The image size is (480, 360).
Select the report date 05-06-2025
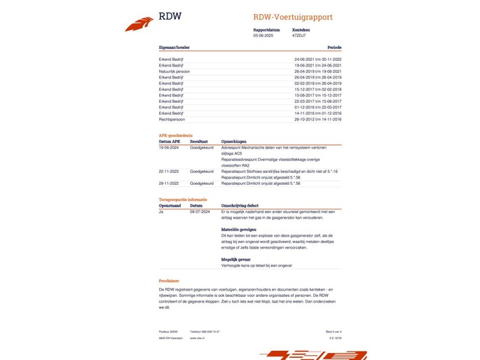pos(263,35)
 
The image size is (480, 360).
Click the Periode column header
pos(334,48)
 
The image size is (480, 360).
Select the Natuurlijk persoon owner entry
pos(174,71)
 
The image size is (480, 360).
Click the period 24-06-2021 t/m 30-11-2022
pos(317,60)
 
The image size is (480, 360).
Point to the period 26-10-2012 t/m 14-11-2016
pos(317,119)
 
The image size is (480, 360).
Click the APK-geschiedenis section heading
pos(175,135)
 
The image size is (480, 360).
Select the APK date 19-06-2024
pos(169,148)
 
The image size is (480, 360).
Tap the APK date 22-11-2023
pos(169,171)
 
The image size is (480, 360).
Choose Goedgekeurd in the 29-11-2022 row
pos(201,182)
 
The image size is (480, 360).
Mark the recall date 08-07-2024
pos(200,211)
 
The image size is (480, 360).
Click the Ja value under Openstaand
pos(161,211)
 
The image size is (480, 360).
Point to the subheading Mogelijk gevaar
pos(236,259)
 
